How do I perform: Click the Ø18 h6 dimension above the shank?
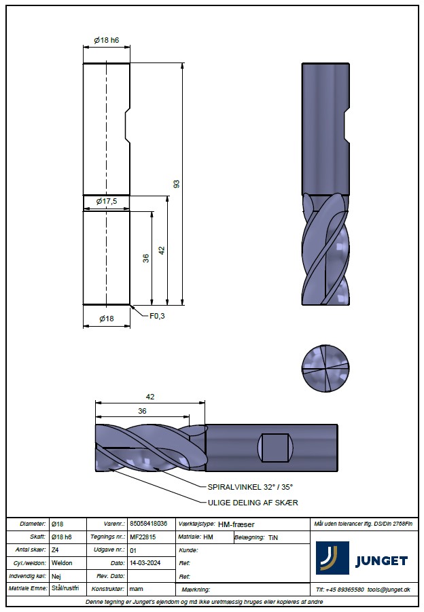pyautogui.click(x=107, y=40)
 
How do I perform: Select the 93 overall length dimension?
pyautogui.click(x=177, y=184)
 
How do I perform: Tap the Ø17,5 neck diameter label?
pyautogui.click(x=107, y=202)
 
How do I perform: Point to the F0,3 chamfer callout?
pyautogui.click(x=157, y=316)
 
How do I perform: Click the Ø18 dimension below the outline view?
pyautogui.click(x=107, y=319)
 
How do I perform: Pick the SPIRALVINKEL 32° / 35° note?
pyautogui.click(x=250, y=487)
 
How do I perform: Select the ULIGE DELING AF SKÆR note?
pyautogui.click(x=253, y=503)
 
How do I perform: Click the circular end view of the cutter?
pyautogui.click(x=325, y=368)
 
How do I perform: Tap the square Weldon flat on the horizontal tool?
pyautogui.click(x=275, y=448)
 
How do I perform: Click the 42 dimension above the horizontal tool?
pyautogui.click(x=150, y=397)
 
